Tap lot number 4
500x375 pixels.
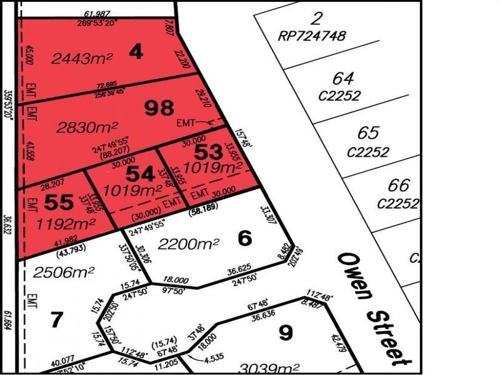pyautogui.click(x=136, y=52)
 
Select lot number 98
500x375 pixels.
pyautogui.click(x=159, y=109)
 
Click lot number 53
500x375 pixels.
pyautogui.click(x=208, y=152)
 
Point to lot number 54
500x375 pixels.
pyautogui.click(x=140, y=173)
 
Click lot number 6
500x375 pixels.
pyautogui.click(x=245, y=237)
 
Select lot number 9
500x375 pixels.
pyautogui.click(x=285, y=332)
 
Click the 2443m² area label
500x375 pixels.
pyautogui.click(x=82, y=59)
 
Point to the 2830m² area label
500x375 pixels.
pyautogui.click(x=87, y=127)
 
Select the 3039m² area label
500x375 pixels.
pyautogui.click(x=269, y=368)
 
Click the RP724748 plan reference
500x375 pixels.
pyautogui.click(x=311, y=36)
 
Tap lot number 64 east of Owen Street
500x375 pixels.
pyautogui.click(x=343, y=79)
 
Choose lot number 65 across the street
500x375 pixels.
pyautogui.click(x=368, y=133)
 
